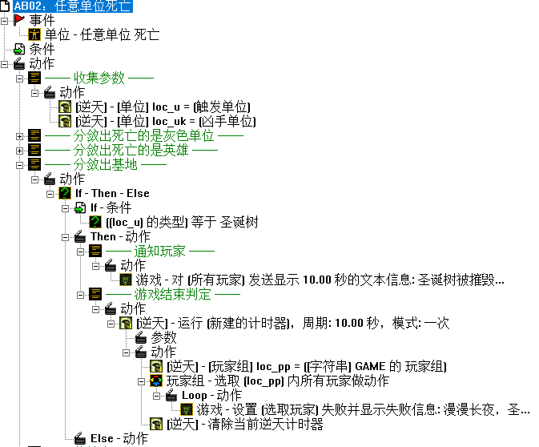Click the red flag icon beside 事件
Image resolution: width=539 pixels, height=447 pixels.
(x=19, y=20)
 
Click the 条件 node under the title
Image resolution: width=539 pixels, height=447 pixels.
(x=42, y=49)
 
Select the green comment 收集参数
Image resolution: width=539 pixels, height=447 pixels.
(x=99, y=78)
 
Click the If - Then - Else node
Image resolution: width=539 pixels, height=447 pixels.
(x=112, y=193)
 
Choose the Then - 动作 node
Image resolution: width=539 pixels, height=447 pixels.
(x=119, y=236)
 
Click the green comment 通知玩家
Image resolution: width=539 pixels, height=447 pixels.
(x=159, y=251)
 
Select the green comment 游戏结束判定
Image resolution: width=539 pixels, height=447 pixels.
(x=173, y=294)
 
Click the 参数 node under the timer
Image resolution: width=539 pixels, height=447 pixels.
(x=163, y=337)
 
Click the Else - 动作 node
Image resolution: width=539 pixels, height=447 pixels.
(x=118, y=438)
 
